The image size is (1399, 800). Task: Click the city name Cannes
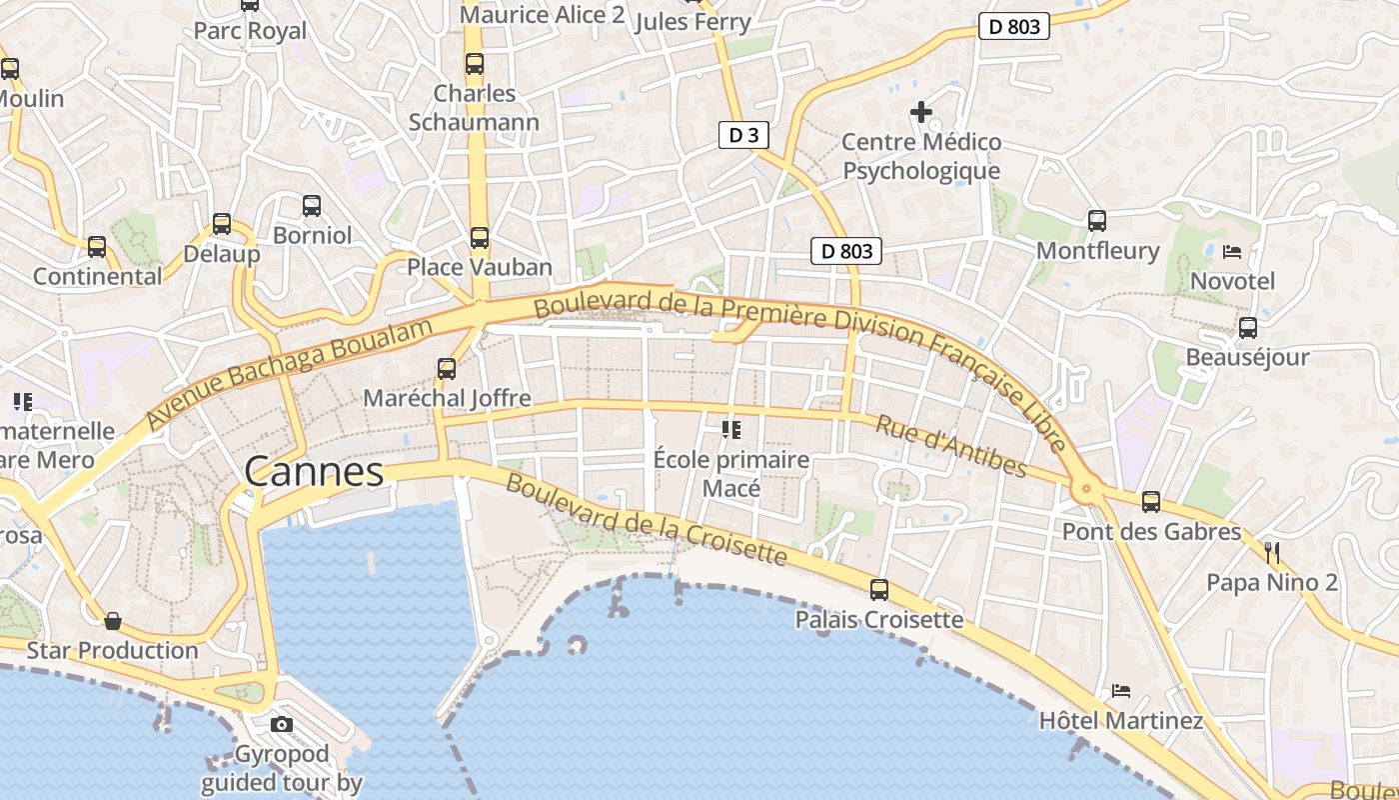tap(314, 472)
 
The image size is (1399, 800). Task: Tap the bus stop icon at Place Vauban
tap(480, 238)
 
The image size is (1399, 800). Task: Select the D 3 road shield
tap(743, 135)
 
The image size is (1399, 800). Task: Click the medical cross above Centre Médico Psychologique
tap(921, 112)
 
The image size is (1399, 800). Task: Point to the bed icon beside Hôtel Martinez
tap(1121, 691)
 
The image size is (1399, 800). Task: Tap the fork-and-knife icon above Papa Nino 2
tap(1272, 552)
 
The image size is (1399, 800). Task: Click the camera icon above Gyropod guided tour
tap(282, 724)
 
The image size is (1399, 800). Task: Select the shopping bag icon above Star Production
tap(113, 621)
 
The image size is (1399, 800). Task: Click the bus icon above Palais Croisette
tap(879, 590)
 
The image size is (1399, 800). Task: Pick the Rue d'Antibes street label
tap(950, 446)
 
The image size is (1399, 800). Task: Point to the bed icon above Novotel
tap(1232, 252)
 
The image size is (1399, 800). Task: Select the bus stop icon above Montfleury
tap(1097, 221)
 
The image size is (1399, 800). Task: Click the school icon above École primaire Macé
tap(731, 430)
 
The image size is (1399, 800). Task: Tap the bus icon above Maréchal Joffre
tap(447, 368)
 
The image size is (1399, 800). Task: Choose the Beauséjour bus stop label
tap(1247, 357)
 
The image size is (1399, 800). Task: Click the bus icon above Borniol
tap(312, 206)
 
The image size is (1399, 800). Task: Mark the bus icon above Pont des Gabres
tap(1151, 502)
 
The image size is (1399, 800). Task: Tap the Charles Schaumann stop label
tap(474, 108)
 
